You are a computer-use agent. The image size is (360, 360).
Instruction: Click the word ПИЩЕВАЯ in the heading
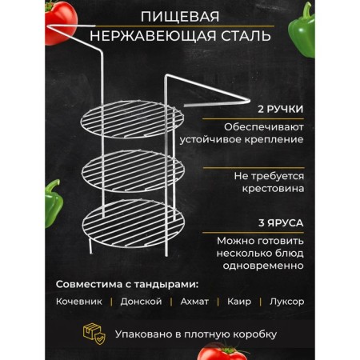coord(180,17)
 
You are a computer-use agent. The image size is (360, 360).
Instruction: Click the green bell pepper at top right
coord(302,30)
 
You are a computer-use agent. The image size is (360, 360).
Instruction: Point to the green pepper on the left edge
coord(54,203)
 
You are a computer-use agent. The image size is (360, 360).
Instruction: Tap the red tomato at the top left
coord(60,22)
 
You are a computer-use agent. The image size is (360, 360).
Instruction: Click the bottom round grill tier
coord(134,222)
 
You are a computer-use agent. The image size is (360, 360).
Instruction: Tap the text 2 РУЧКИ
coord(281,110)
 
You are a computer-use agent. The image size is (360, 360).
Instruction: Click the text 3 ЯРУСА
coord(281,223)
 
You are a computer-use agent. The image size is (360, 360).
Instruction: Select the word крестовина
coord(273,189)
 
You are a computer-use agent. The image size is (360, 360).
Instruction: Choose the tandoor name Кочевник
coord(79,302)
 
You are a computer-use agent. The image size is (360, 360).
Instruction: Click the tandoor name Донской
coord(141,302)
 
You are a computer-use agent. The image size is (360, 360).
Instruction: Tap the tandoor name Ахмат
coord(194,302)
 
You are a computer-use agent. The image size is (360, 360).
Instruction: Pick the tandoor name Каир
coord(239,302)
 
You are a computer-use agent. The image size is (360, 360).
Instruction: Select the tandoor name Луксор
coord(286,302)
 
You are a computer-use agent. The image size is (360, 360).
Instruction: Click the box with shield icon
coord(94,334)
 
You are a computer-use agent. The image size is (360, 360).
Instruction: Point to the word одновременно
coord(263,266)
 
